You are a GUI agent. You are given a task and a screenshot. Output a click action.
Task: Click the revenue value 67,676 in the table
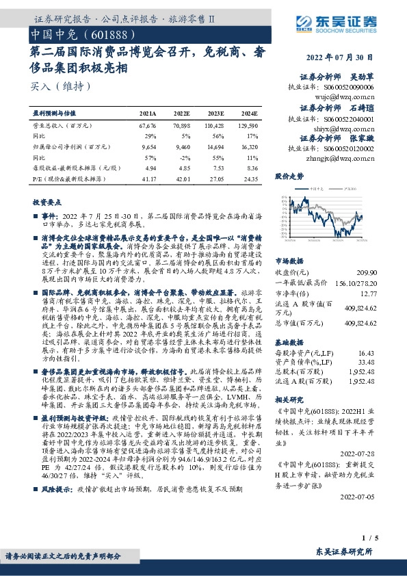click(148, 126)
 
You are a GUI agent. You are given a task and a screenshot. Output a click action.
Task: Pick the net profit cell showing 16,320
click(248, 146)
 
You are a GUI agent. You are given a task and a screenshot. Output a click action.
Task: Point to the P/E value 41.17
click(148, 179)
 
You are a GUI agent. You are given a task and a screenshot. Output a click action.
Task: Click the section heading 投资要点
click(47, 203)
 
